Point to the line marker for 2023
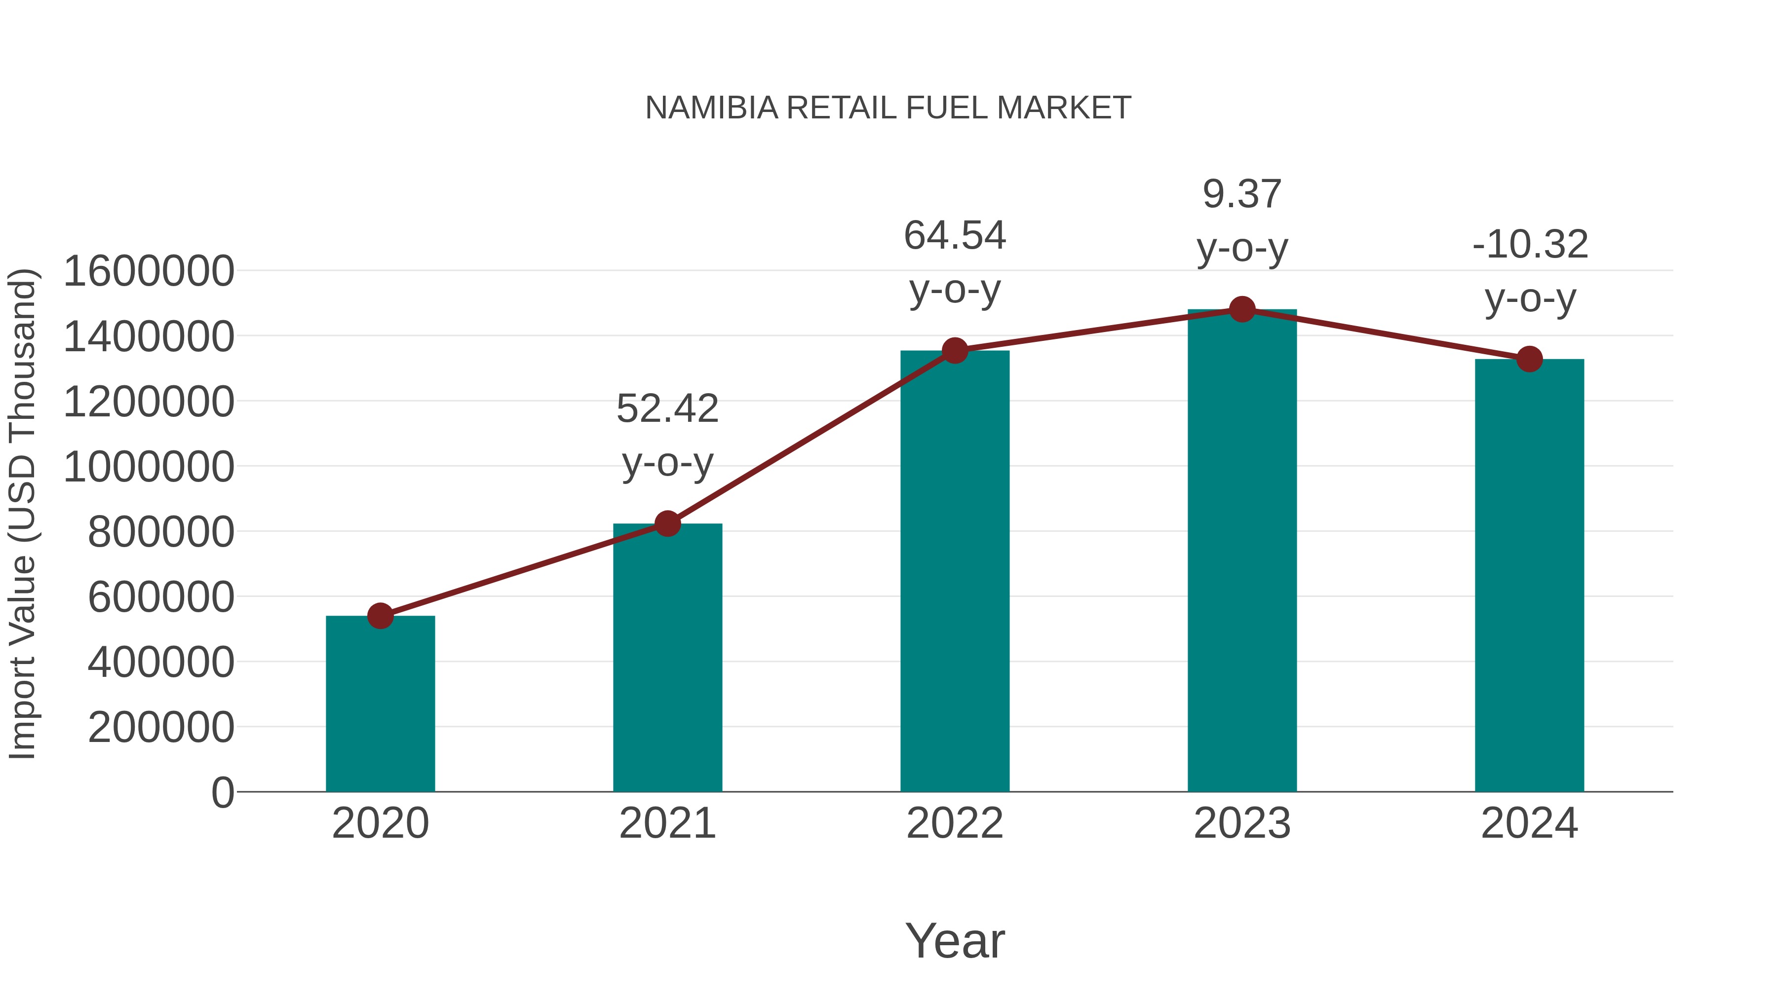click(x=1242, y=309)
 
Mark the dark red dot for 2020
click(x=380, y=616)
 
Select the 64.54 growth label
click(x=955, y=262)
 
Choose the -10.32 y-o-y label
click(x=1529, y=271)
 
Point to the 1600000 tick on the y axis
click(x=148, y=271)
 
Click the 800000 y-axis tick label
click(x=161, y=531)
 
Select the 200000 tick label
click(x=161, y=727)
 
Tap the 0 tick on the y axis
click(x=222, y=792)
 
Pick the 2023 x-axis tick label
click(x=1242, y=823)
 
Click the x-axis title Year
click(x=955, y=940)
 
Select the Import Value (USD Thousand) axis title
click(x=22, y=514)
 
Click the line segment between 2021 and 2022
click(x=811, y=438)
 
